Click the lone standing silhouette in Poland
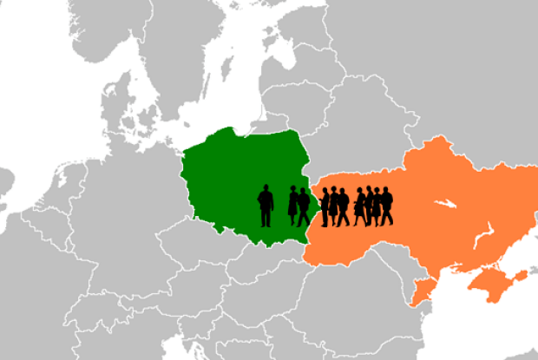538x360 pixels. (266, 206)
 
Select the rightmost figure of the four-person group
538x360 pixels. (386, 206)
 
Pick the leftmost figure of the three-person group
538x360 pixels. (324, 206)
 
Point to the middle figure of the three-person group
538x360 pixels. (333, 206)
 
